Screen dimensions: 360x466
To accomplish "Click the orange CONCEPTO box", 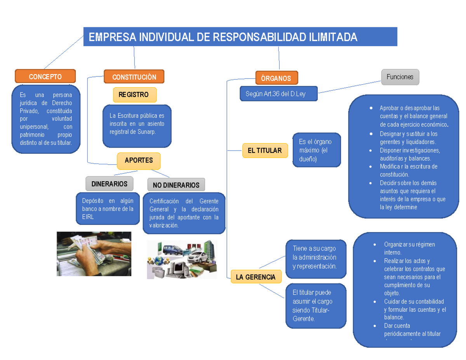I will [45, 77].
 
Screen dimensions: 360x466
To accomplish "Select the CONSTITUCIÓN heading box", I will [134, 77].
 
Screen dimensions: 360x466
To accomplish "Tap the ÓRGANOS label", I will [276, 78].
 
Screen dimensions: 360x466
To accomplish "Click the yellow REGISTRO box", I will [134, 95].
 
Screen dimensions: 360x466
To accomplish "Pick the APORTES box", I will [139, 160].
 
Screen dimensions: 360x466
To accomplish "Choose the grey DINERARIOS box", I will [109, 183].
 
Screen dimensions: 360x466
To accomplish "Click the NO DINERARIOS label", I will [176, 185].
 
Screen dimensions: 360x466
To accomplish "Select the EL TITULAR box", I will [265, 150].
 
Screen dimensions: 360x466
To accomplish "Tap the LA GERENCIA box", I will [256, 277].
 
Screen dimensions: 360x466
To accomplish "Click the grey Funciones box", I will [400, 77].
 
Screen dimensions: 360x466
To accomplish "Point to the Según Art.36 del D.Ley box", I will [278, 94].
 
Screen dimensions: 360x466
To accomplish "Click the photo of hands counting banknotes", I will [94, 254].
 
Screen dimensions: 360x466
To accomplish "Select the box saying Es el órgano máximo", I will [317, 150].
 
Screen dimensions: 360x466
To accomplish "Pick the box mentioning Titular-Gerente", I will [315, 306].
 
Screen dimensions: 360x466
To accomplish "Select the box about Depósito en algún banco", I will [108, 209].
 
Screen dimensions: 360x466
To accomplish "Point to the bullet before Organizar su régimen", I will [374, 245].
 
